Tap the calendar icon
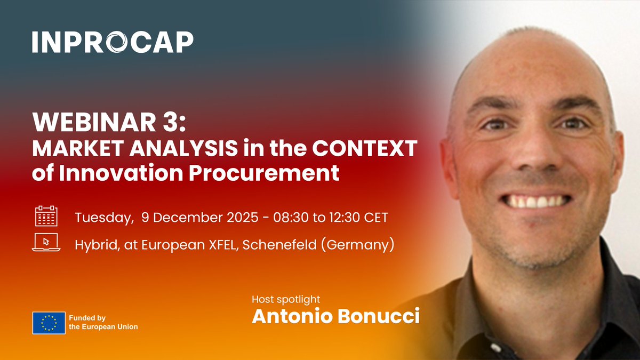pyautogui.click(x=46, y=217)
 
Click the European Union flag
pyautogui.click(x=49, y=323)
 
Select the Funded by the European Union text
pyautogui.click(x=103, y=323)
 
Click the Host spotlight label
pyautogui.click(x=286, y=299)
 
